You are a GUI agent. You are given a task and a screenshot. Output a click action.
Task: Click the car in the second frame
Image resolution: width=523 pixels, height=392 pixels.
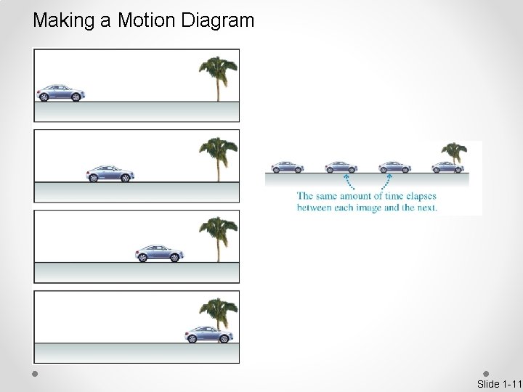(x=110, y=173)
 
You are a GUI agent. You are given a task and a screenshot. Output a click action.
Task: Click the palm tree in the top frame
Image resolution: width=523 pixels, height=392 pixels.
(x=216, y=76)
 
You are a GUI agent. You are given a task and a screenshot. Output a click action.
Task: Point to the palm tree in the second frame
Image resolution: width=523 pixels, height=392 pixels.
(x=216, y=157)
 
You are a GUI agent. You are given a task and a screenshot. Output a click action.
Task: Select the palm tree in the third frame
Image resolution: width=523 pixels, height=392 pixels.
(x=216, y=237)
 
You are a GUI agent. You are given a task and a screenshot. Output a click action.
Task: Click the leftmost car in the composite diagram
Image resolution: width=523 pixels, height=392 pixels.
(x=288, y=167)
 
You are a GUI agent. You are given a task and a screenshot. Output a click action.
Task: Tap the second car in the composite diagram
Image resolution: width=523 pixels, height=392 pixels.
(x=340, y=167)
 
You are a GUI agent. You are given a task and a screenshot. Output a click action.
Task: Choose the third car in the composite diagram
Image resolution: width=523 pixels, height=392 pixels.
(x=394, y=167)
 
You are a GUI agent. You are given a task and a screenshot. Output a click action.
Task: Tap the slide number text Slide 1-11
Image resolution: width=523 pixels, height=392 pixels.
(x=499, y=383)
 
